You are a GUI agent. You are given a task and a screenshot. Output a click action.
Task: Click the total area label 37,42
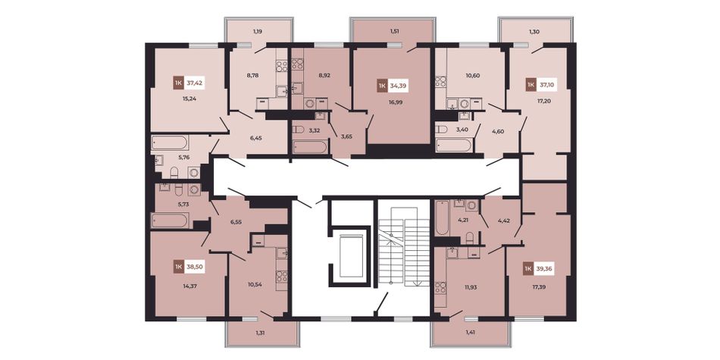(195, 83)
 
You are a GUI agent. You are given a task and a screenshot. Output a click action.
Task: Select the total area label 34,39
(398, 86)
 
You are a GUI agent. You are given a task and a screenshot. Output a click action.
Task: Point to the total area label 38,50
(195, 266)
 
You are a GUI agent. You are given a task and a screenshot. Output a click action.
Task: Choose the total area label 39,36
(544, 268)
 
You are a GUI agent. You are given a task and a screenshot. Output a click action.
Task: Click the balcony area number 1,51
(394, 32)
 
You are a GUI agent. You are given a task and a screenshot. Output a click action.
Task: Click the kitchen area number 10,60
(472, 75)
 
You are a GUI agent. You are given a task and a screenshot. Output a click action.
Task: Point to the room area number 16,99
(396, 102)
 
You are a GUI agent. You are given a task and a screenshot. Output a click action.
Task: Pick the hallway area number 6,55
(236, 221)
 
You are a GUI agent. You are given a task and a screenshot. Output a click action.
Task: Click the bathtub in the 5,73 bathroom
(170, 220)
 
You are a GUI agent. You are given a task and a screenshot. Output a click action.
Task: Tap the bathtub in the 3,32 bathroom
(310, 147)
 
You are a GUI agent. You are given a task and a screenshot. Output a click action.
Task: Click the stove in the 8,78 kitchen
(281, 67)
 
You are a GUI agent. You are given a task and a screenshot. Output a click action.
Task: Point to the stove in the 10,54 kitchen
(281, 277)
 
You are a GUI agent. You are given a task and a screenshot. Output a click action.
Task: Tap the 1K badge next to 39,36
(528, 268)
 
